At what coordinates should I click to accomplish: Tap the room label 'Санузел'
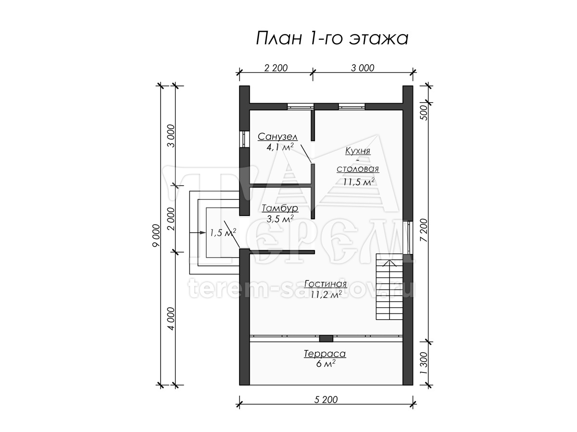pyautogui.click(x=277, y=137)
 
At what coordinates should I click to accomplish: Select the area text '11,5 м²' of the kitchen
pyautogui.click(x=359, y=182)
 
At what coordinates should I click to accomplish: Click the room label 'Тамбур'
pyautogui.click(x=280, y=208)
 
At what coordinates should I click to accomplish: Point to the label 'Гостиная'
pyautogui.click(x=326, y=284)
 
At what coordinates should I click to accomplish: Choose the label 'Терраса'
pyautogui.click(x=325, y=354)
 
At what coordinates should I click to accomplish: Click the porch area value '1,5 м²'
pyautogui.click(x=223, y=232)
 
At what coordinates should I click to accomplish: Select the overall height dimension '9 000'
pyautogui.click(x=156, y=235)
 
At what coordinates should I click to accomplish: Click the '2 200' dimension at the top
pyautogui.click(x=276, y=68)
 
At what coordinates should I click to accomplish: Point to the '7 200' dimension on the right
pyautogui.click(x=424, y=230)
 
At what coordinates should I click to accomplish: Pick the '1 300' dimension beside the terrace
pyautogui.click(x=424, y=363)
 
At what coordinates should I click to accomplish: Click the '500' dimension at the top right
pyautogui.click(x=424, y=113)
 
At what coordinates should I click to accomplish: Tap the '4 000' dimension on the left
pyautogui.click(x=171, y=318)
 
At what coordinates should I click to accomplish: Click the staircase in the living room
pyautogui.click(x=389, y=287)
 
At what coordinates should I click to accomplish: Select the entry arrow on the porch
pyautogui.click(x=198, y=232)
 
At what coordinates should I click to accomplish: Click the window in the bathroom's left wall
pyautogui.click(x=244, y=139)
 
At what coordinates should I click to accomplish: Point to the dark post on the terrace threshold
pyautogui.click(x=326, y=338)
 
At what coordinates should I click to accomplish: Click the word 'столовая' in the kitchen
pyautogui.click(x=358, y=168)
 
